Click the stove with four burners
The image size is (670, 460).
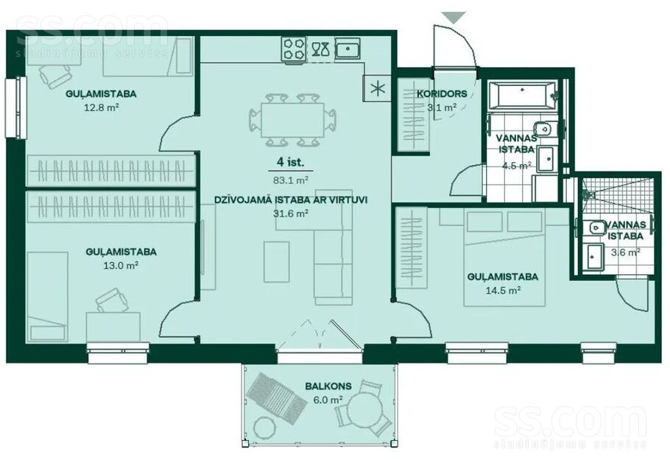coord(294,49)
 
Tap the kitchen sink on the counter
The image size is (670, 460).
coord(348,49)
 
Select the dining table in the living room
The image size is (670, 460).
coord(292,120)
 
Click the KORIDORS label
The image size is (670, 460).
coord(442,93)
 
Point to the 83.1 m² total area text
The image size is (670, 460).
coord(291,180)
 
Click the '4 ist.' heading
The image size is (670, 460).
coord(291,162)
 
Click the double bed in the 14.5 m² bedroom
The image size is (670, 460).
coord(504,258)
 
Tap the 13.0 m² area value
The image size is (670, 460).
coord(121,266)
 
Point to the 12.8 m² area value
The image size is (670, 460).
coord(102,107)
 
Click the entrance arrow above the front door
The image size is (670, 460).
coord(454,17)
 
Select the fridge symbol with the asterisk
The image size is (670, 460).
coord(377,88)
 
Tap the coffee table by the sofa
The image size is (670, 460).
coord(276,262)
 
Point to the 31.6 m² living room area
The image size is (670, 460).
coord(291,213)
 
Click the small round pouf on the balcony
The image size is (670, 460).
coord(264,427)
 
